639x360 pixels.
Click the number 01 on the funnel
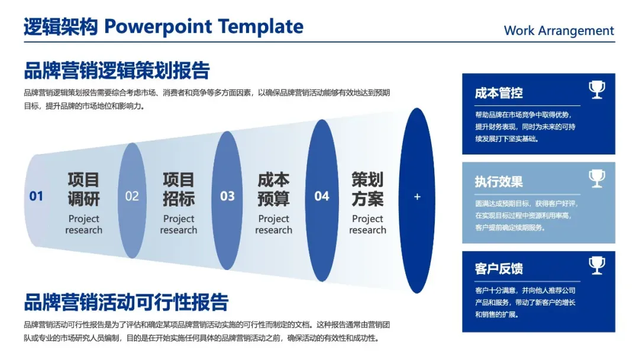coord(36,196)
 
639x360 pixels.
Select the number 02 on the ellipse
coord(132,196)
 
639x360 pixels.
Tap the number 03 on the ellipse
coord(227,196)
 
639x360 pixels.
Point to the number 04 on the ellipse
coord(321,196)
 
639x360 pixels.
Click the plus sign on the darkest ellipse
coord(417,197)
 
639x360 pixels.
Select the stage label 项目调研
coord(83,189)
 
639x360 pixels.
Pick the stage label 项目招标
coord(179,189)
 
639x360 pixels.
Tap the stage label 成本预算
coord(273,189)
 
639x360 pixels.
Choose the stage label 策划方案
coord(367,189)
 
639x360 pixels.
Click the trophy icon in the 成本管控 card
coord(597,89)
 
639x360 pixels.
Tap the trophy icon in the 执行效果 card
coord(597,179)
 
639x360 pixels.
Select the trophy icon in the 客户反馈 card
coord(597,265)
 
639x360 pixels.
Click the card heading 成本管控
coord(498,93)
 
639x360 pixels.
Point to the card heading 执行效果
coord(498,181)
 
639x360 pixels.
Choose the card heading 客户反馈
coord(498,269)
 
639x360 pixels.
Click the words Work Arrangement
coord(559,31)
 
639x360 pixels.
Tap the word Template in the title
coord(260,27)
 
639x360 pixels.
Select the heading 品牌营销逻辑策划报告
coord(117,70)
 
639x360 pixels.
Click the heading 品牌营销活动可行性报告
coord(126,302)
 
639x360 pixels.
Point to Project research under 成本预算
coord(273,224)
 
